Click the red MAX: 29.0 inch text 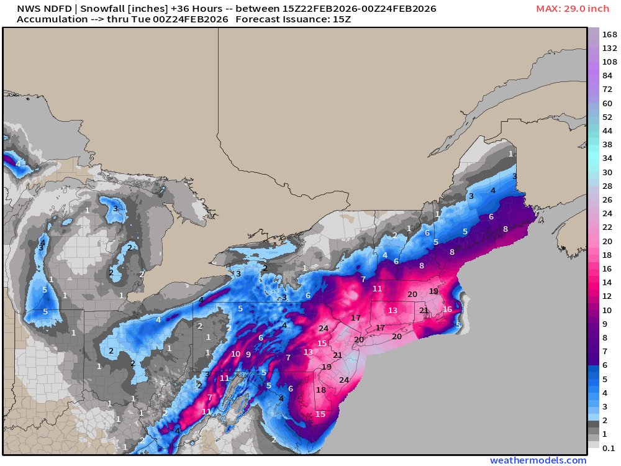(573, 9)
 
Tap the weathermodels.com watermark (538, 460)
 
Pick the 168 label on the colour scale (609, 34)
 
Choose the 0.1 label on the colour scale (609, 448)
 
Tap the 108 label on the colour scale (609, 62)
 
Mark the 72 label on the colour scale (607, 89)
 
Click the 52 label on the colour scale (607, 117)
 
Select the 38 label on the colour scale (607, 144)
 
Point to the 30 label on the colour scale (607, 172)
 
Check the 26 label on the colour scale (607, 199)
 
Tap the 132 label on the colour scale (609, 48)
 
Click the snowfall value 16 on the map (447, 309)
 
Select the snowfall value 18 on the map (320, 390)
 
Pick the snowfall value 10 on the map (235, 354)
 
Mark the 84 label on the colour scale (607, 75)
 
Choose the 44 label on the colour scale (607, 130)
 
